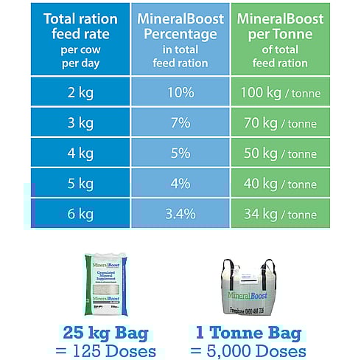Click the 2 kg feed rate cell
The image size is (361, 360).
point(80,93)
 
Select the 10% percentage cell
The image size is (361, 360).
point(180,93)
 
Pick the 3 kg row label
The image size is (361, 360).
point(80,123)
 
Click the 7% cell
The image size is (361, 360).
point(180,123)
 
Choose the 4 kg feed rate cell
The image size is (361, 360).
point(80,153)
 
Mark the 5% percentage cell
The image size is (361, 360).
point(180,153)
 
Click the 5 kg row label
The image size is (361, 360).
point(80,184)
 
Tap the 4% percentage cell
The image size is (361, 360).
point(180,184)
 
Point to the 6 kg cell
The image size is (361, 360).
point(80,214)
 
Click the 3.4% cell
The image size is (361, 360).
point(180,214)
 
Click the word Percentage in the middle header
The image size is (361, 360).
point(180,35)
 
